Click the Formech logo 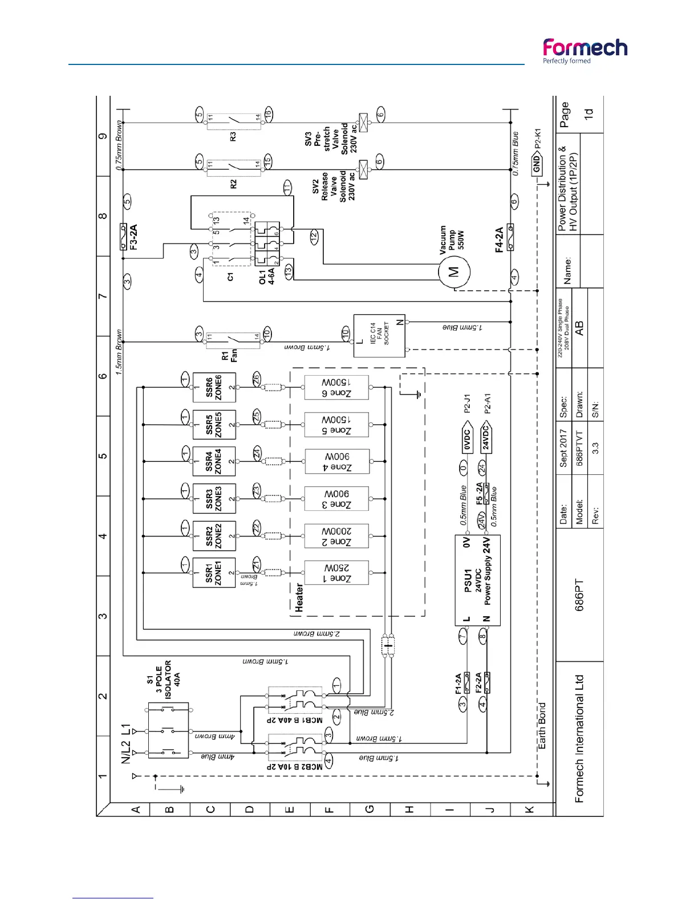point(585,51)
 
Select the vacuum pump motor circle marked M point(454,271)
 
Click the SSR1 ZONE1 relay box point(214,572)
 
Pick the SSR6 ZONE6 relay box point(214,387)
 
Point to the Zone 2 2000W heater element point(336,536)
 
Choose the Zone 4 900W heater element point(337,462)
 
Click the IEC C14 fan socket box point(379,335)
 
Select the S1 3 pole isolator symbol point(168,730)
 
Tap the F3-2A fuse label point(133,237)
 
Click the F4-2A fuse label point(499,239)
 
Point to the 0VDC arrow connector point(467,439)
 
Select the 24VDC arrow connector point(486,438)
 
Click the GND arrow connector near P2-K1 point(537,165)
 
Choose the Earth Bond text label point(542,726)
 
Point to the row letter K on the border point(529,810)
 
